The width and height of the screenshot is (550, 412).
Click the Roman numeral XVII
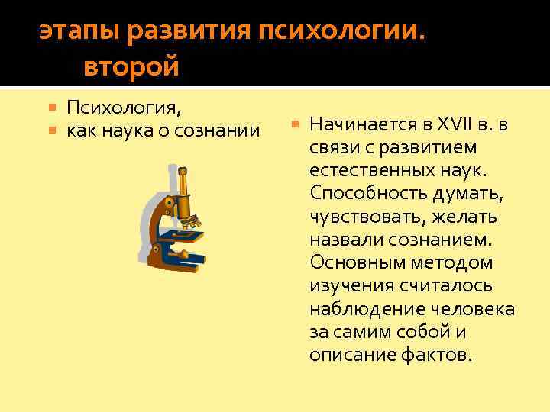(455, 124)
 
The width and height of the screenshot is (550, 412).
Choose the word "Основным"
(352, 262)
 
